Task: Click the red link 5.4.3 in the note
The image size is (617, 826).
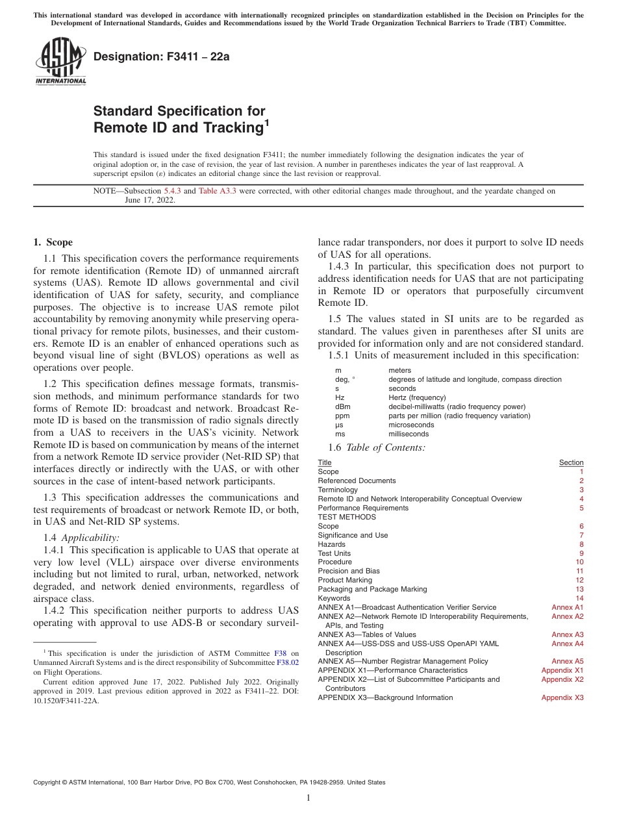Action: [x=172, y=191]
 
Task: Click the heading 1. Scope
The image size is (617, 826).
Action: [x=53, y=242]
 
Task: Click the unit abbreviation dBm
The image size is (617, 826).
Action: [x=342, y=407]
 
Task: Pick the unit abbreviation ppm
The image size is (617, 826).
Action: [x=342, y=416]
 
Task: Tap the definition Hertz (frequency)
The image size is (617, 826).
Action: [x=417, y=397]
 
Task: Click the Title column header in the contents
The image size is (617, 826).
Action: [x=324, y=462]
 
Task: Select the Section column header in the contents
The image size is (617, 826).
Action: [x=571, y=462]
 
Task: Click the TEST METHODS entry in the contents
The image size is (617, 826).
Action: [x=347, y=517]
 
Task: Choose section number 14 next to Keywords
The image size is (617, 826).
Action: [x=579, y=598]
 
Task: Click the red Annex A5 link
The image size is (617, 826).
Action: [x=568, y=661]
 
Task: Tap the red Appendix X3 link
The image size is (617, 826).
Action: [x=562, y=697]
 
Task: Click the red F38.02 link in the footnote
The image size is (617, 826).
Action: [x=288, y=663]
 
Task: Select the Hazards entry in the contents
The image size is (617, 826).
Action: [x=331, y=544]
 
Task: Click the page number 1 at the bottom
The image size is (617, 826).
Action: [x=308, y=798]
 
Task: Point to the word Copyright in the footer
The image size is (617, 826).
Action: [x=49, y=782]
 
